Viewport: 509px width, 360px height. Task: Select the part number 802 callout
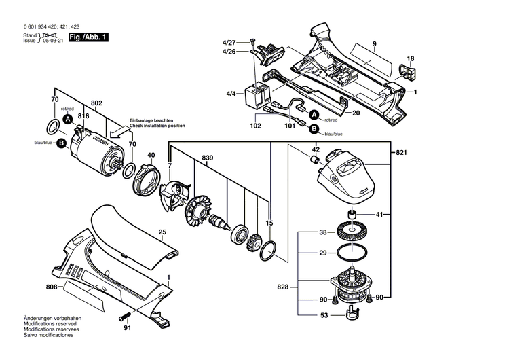pyautogui.click(x=96, y=103)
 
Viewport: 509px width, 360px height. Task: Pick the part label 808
pyautogui.click(x=52, y=287)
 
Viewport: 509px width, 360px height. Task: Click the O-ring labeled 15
pyautogui.click(x=267, y=251)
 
